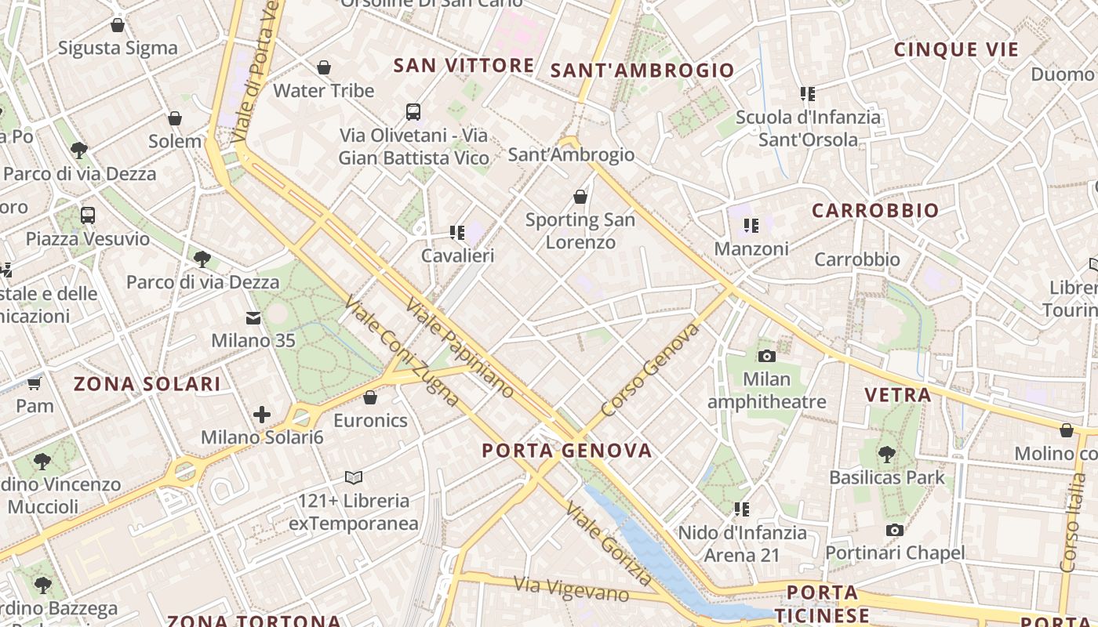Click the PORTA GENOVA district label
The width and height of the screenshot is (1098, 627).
566,450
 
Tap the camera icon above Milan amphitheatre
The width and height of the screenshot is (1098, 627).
767,357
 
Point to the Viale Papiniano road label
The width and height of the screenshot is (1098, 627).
460,348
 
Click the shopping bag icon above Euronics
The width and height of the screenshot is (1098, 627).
370,398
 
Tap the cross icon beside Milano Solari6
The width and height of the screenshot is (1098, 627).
262,415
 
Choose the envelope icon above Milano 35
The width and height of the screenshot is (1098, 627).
253,318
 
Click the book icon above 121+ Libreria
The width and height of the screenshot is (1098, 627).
354,477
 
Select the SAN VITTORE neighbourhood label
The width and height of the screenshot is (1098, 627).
464,65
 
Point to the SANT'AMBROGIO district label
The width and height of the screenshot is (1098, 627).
642,71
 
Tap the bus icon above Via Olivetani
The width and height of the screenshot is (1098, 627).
413,112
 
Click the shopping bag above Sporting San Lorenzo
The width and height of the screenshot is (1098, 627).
580,197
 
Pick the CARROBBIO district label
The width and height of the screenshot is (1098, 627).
875,210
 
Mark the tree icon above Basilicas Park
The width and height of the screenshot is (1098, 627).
887,454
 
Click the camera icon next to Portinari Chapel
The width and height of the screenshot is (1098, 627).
894,531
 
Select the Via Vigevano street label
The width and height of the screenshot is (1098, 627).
571,589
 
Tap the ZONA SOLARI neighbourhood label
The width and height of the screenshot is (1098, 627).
147,383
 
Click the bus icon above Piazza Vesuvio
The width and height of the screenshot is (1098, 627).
88,216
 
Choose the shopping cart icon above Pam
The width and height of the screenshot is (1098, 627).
34,383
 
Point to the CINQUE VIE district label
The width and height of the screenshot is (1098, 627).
956,49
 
